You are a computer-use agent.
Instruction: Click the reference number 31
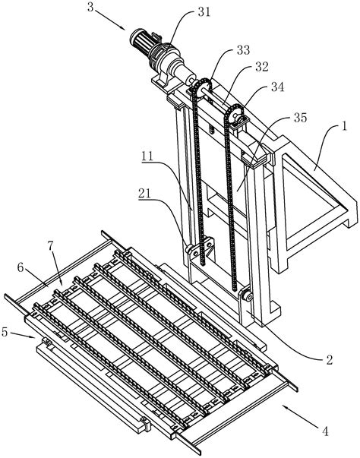(204, 12)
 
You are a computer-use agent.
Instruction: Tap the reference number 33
(243, 50)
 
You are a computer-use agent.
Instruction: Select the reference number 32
(261, 67)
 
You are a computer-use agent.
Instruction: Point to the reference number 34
(277, 87)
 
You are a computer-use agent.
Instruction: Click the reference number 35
(301, 118)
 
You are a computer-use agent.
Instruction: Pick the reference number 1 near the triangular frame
(345, 127)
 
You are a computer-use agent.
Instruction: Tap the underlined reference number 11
(148, 156)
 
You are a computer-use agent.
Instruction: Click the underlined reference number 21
(145, 194)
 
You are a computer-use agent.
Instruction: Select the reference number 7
(51, 246)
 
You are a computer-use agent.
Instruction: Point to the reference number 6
(21, 267)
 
